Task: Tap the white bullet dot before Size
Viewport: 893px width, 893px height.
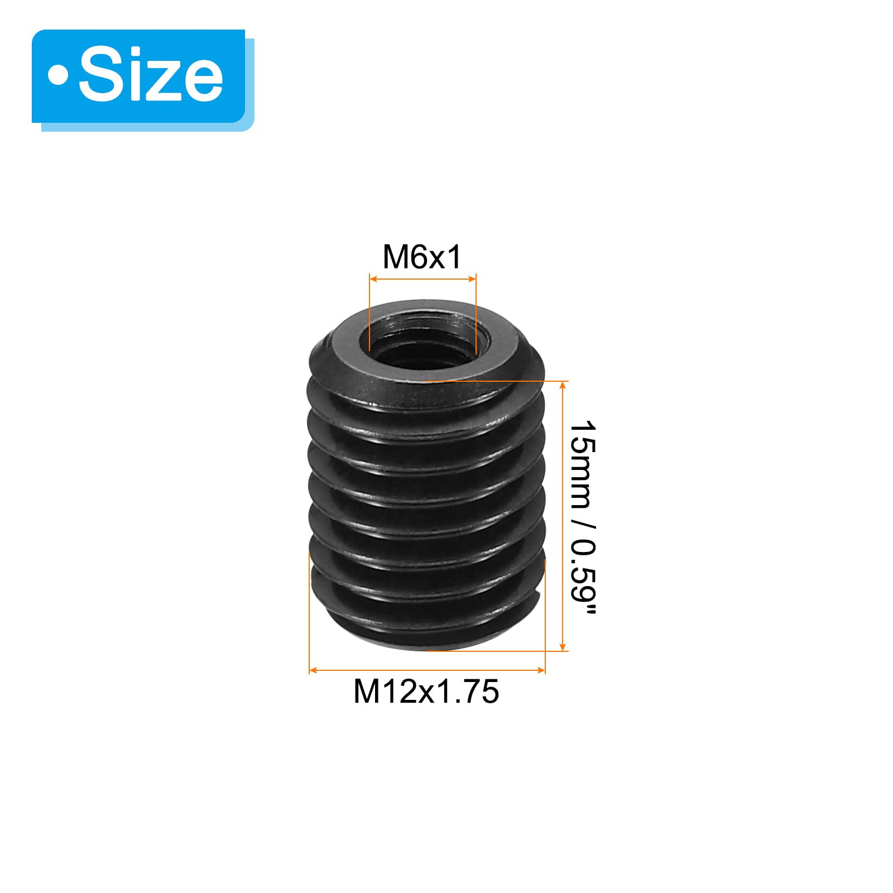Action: click(58, 75)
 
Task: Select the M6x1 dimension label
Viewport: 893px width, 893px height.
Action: click(423, 257)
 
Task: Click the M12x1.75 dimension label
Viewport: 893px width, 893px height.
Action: click(426, 692)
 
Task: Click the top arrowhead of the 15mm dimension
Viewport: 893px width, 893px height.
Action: click(563, 386)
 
